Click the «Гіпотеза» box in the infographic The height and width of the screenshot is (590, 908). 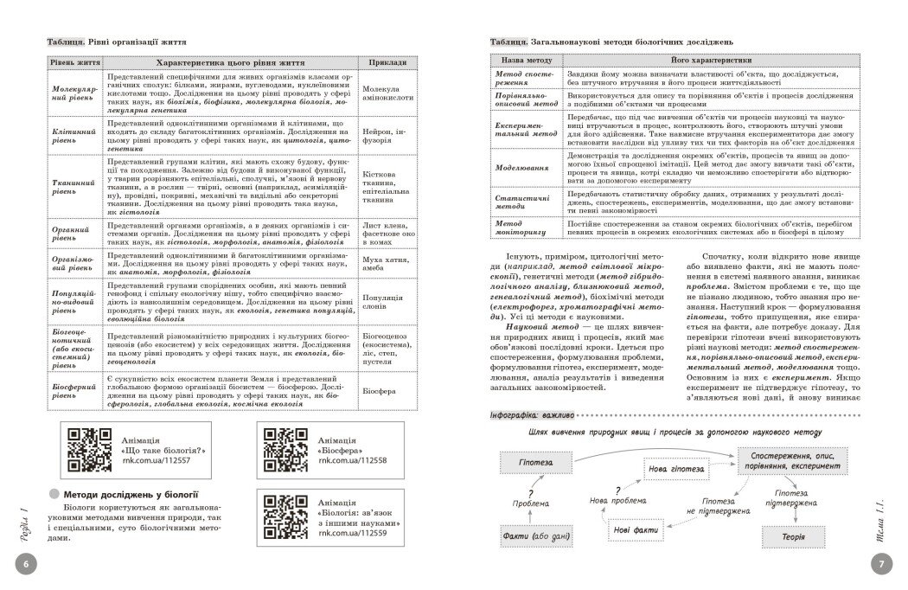(537, 463)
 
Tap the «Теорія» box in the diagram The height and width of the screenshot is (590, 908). (793, 536)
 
